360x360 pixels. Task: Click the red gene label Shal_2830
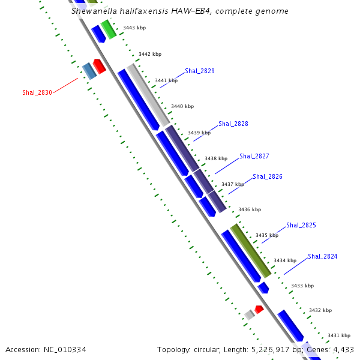pos(37,92)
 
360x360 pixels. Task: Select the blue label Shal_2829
pos(200,71)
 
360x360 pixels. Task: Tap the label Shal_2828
pos(233,124)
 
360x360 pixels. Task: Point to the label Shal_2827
pos(254,156)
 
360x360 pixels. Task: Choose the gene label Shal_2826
pos(268,176)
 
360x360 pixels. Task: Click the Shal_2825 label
pos(301,225)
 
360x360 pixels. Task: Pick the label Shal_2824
pos(323,256)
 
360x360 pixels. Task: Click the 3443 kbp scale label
pos(134,28)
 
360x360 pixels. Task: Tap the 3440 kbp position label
pos(182,106)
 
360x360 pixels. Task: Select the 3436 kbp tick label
pos(250,209)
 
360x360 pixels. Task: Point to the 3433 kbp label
pos(302,286)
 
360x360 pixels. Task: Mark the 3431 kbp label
pos(338,335)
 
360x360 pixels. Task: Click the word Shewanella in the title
pos(94,11)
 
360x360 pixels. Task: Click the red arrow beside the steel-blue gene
pos(100,66)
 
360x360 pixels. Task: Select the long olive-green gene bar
pos(251,251)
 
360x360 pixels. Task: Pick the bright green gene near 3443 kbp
pos(109,29)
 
